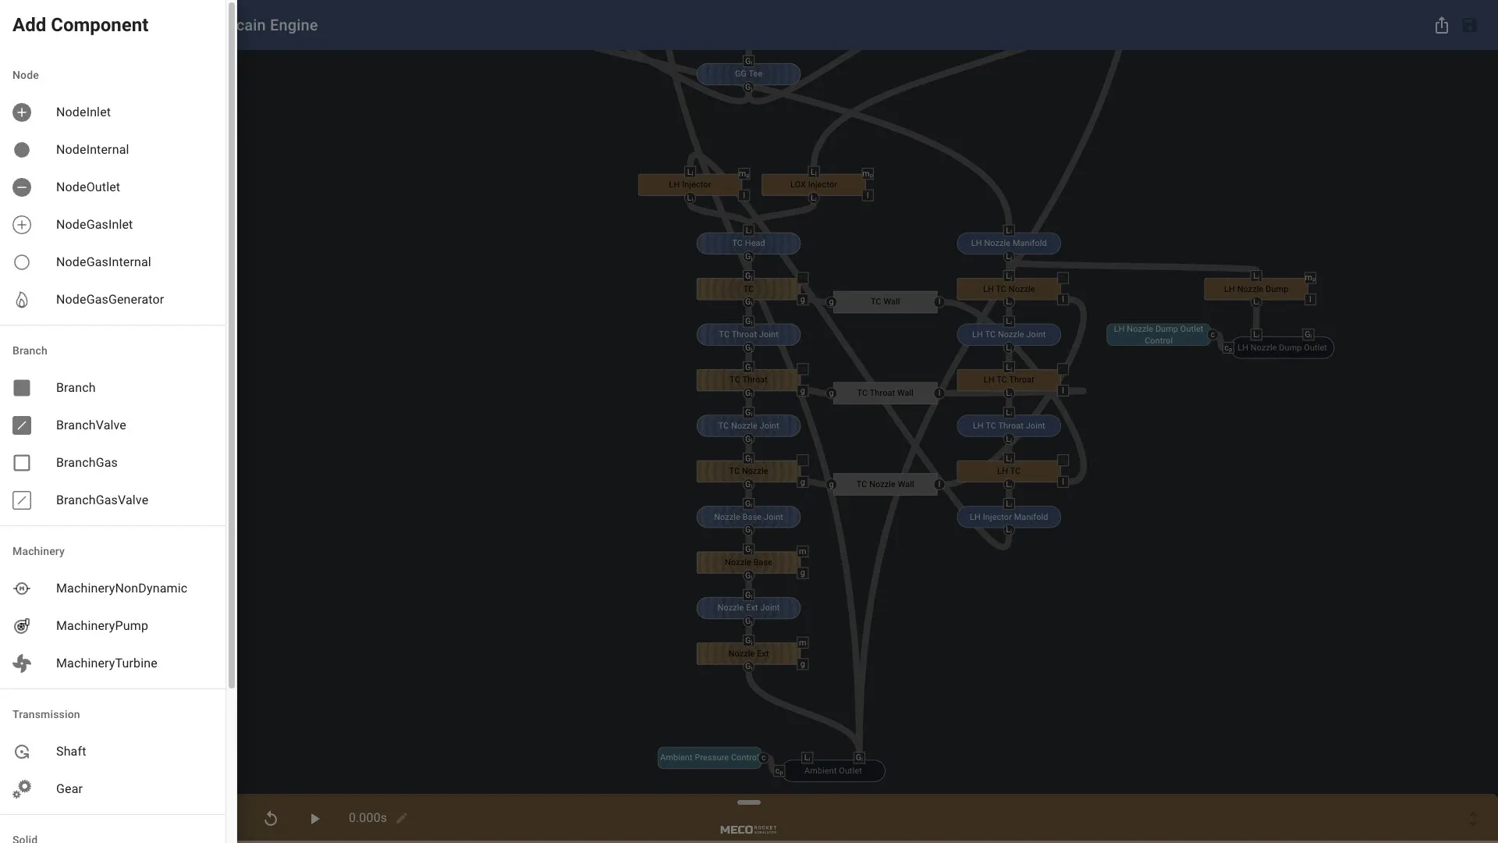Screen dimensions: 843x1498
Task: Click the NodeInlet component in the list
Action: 83,112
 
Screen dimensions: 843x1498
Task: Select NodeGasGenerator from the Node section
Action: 109,300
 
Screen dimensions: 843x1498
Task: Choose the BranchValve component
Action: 91,425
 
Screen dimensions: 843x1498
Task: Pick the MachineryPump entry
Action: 101,626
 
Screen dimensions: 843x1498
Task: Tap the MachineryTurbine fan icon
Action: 22,663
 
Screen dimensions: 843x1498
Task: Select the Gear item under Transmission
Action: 69,789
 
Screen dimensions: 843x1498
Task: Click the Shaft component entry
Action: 70,752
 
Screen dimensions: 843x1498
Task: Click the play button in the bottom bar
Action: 314,818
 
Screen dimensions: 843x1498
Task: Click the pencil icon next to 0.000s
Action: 402,818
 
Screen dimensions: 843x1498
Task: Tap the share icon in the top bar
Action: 1441,25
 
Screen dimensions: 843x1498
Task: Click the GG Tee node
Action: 748,74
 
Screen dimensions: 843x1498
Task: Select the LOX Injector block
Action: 813,185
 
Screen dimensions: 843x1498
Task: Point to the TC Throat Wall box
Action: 885,393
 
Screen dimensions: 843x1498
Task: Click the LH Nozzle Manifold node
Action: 1008,244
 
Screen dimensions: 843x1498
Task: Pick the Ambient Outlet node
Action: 832,771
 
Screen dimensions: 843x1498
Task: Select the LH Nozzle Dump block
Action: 1255,289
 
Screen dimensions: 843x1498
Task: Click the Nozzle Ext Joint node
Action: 748,608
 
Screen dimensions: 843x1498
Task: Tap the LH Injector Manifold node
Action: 1008,517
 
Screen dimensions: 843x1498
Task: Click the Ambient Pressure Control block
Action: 708,757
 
